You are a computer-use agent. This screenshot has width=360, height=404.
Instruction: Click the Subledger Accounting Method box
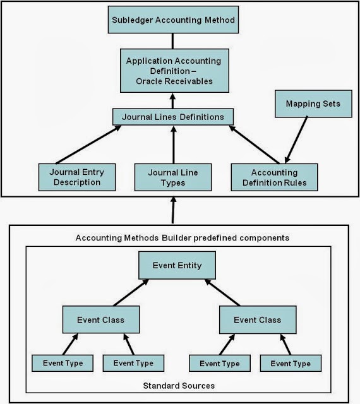[173, 20]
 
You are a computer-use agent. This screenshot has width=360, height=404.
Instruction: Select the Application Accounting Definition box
[173, 71]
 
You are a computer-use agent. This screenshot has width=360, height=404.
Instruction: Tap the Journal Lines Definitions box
[173, 117]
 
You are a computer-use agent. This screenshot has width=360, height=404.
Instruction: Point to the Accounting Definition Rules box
[273, 177]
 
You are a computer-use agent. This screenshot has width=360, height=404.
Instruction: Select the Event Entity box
[177, 265]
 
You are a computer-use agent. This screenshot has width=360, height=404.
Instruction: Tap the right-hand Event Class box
[257, 319]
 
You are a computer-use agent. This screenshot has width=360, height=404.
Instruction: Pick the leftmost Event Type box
[63, 363]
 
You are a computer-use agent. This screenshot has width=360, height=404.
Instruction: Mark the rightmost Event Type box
[291, 364]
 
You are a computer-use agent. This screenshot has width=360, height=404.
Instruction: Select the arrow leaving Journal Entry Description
[88, 145]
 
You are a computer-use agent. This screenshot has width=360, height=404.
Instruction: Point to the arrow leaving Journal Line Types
[173, 145]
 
